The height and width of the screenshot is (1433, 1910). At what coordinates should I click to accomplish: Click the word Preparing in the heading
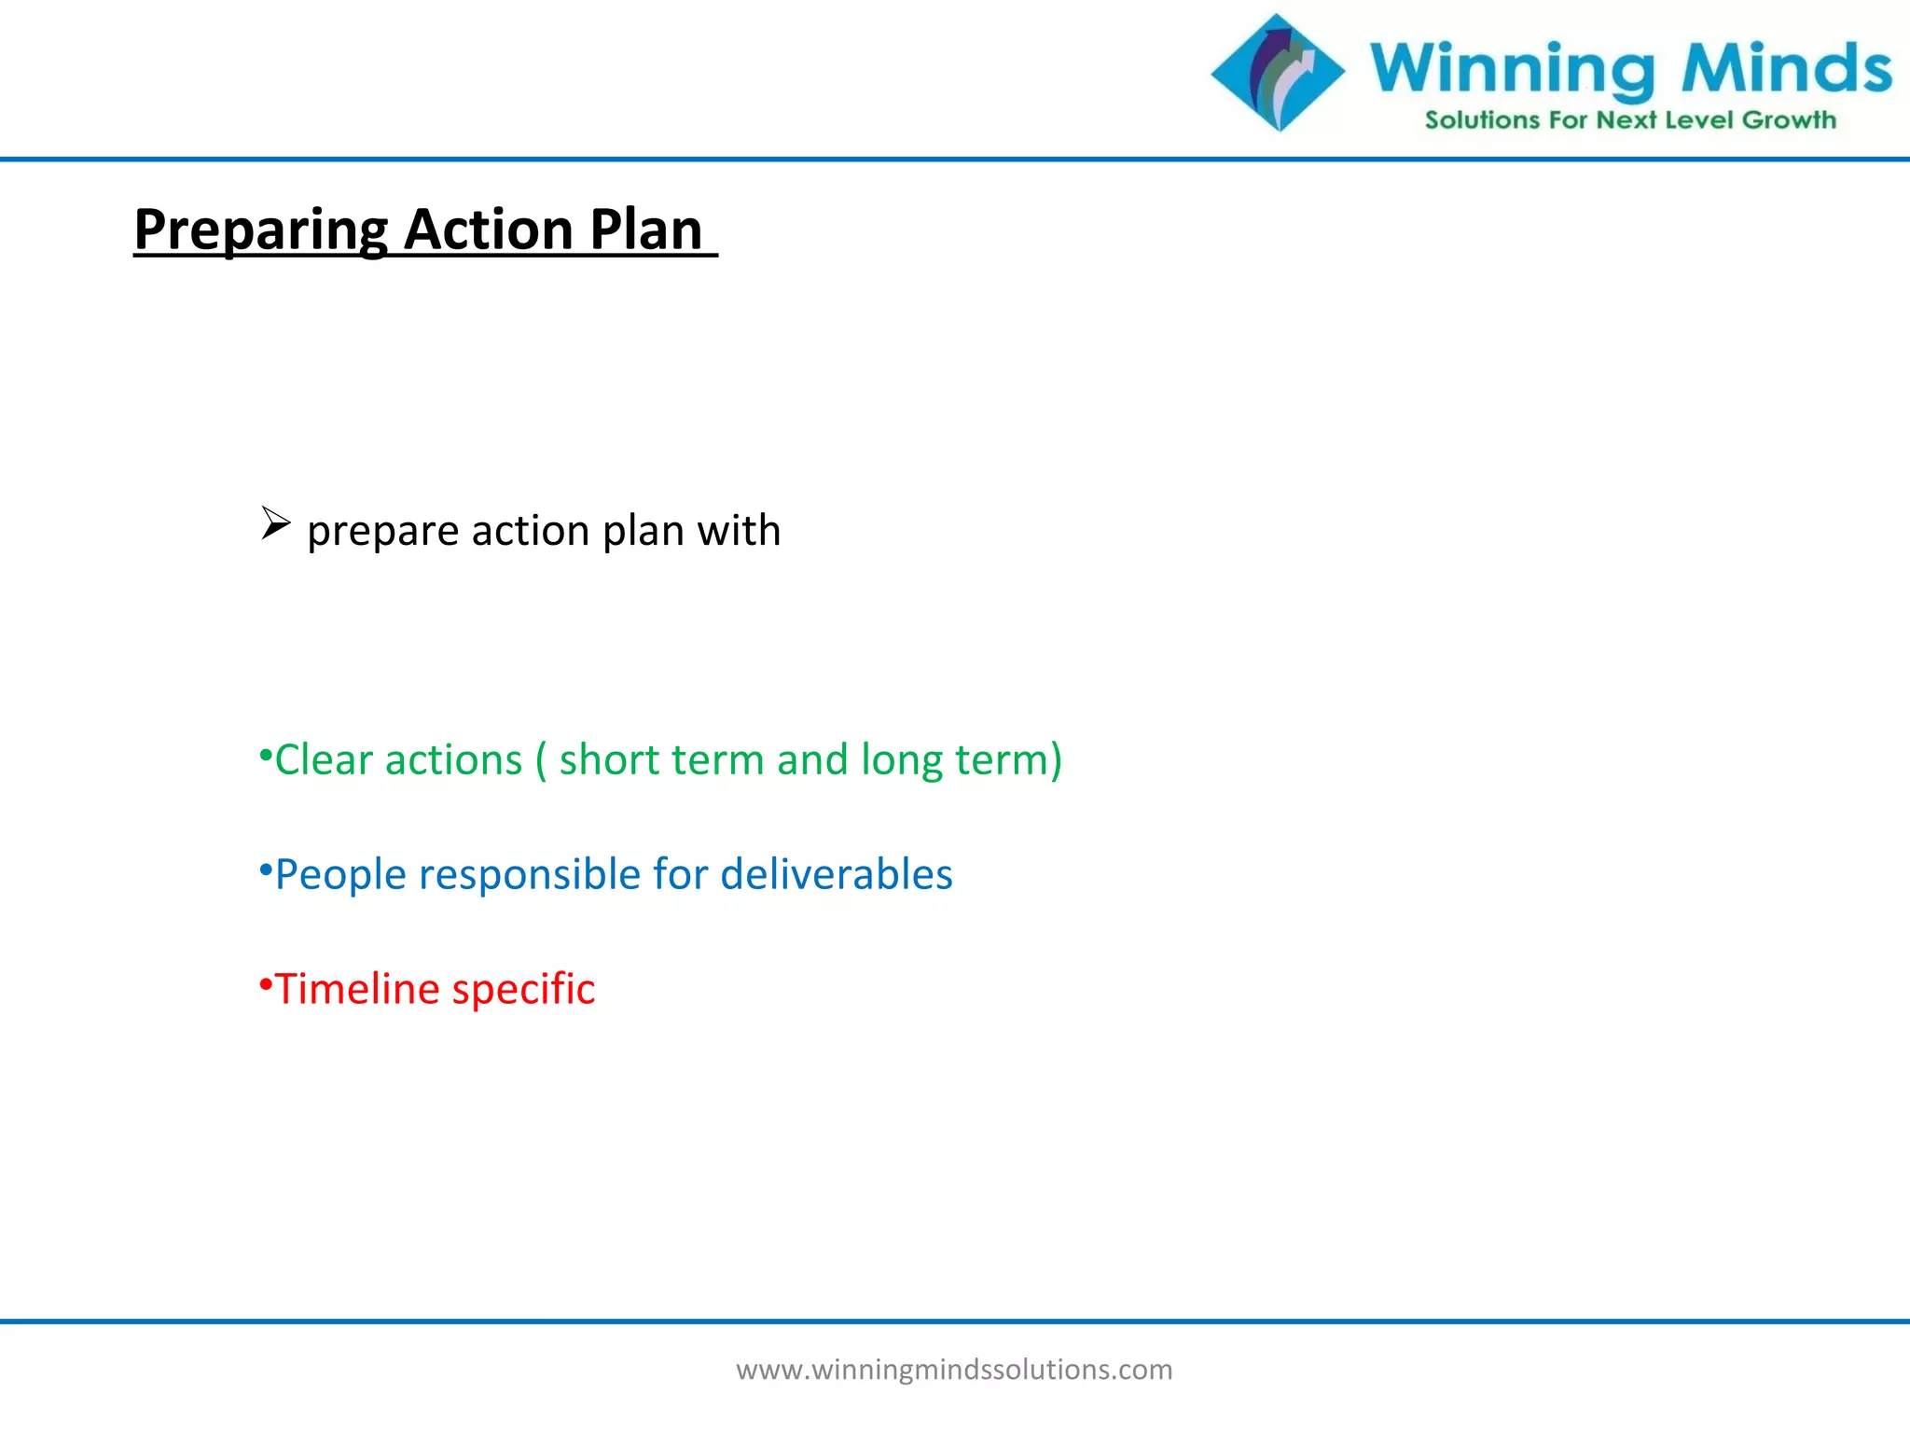coord(260,230)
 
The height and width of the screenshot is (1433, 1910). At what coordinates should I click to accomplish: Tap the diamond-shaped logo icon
coord(1278,72)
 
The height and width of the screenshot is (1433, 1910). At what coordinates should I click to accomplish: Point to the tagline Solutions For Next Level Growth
coord(1629,120)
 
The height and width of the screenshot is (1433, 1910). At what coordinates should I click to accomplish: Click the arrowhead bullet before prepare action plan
coord(275,523)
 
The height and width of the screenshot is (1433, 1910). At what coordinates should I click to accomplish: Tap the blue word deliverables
coord(837,874)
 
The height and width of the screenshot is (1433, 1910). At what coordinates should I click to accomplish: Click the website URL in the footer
coord(954,1370)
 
